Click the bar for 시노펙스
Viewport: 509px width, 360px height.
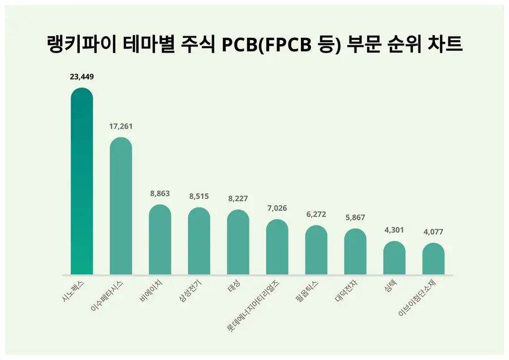pyautogui.click(x=81, y=181)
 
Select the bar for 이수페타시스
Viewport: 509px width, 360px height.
pyautogui.click(x=120, y=206)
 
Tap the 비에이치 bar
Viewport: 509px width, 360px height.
pyautogui.click(x=160, y=240)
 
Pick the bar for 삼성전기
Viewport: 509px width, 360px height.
pyautogui.click(x=199, y=241)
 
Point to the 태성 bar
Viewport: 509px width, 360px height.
pyautogui.click(x=238, y=242)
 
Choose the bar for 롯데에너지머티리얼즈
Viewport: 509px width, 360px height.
pyautogui.click(x=277, y=247)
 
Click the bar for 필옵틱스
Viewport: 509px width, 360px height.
pyautogui.click(x=316, y=250)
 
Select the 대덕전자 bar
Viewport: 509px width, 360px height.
pyautogui.click(x=355, y=252)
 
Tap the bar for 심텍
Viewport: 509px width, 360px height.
pyautogui.click(x=394, y=258)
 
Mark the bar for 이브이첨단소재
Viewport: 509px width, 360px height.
pyautogui.click(x=433, y=259)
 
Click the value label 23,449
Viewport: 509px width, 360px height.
pyautogui.click(x=81, y=77)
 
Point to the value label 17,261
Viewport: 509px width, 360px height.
pyautogui.click(x=120, y=126)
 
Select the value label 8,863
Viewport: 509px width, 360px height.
pyautogui.click(x=160, y=193)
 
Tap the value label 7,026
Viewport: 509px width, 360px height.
pyautogui.click(x=277, y=208)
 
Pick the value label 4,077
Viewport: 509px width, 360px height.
pyautogui.click(x=433, y=232)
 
